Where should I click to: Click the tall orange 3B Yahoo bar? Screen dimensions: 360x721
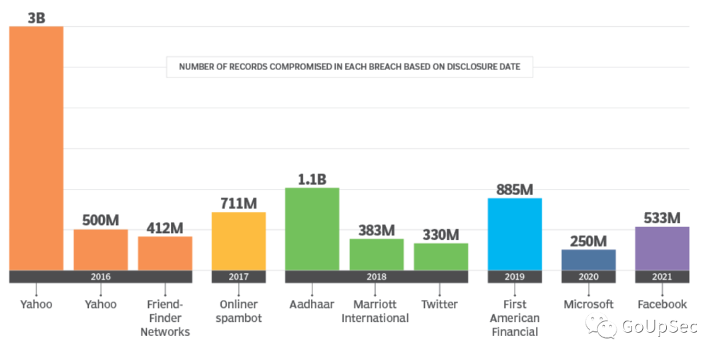coord(36,147)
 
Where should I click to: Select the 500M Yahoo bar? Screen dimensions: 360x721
coord(100,250)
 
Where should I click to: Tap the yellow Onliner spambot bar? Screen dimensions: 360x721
coord(238,241)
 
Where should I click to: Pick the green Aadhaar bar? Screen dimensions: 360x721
coord(312,229)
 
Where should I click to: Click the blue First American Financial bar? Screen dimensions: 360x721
coord(515,234)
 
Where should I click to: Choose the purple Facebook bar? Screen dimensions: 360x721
coord(662,248)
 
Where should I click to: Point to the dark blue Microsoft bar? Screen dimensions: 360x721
coord(588,260)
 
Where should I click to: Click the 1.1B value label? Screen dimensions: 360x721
coord(312,179)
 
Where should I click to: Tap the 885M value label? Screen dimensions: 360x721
coord(515,189)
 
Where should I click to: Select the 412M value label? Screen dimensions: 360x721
coord(165,228)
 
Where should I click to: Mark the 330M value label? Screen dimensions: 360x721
coord(441,234)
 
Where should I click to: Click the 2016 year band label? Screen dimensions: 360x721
coord(100,277)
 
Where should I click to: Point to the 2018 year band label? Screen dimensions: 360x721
coord(377,277)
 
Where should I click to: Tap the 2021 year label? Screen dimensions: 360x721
coord(662,277)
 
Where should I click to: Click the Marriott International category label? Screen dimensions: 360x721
coord(375,311)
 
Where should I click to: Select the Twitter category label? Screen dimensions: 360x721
coord(439,305)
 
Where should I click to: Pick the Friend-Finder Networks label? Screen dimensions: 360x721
coord(165,318)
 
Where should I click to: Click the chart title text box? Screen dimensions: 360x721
coord(349,67)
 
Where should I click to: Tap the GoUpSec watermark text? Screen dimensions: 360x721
coord(659,326)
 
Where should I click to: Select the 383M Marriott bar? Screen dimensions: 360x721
coord(377,254)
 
